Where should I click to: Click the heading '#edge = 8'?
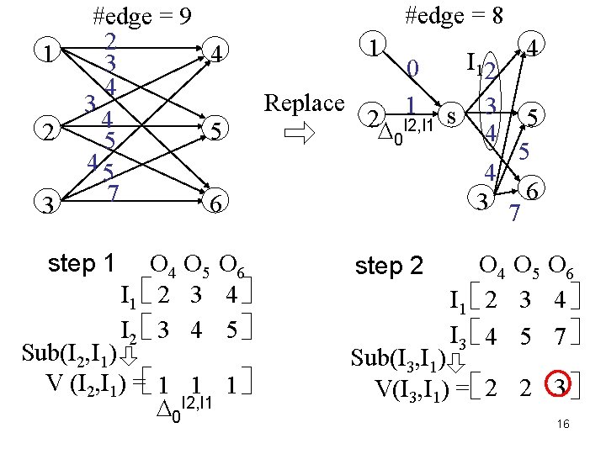click(454, 14)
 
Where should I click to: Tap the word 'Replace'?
click(304, 103)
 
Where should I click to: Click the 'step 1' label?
click(82, 263)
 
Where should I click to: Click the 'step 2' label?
click(390, 267)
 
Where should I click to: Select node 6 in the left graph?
click(216, 203)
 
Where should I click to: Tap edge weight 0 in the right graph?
click(412, 68)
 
